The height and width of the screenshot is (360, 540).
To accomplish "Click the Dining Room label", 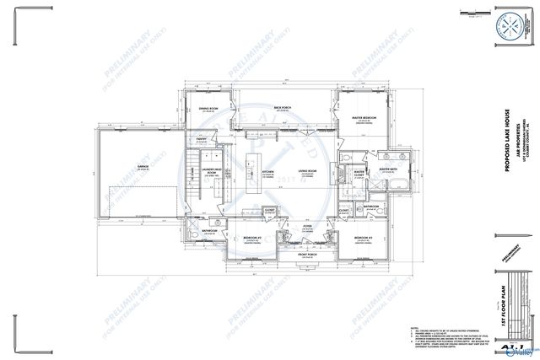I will (x=208, y=109).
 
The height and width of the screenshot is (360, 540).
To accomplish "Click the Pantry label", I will (x=202, y=140).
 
